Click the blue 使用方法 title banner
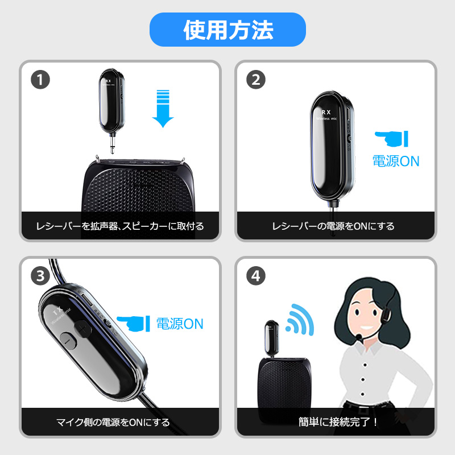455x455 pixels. (227, 30)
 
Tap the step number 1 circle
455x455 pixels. (40, 79)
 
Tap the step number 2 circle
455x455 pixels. (256, 79)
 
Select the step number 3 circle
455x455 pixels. (40, 276)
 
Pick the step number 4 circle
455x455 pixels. (256, 276)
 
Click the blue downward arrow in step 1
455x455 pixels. (163, 108)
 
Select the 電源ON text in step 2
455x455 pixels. (395, 161)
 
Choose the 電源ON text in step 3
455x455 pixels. (180, 324)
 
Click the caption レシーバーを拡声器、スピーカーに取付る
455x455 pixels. (120, 226)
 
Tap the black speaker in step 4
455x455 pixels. (284, 380)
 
